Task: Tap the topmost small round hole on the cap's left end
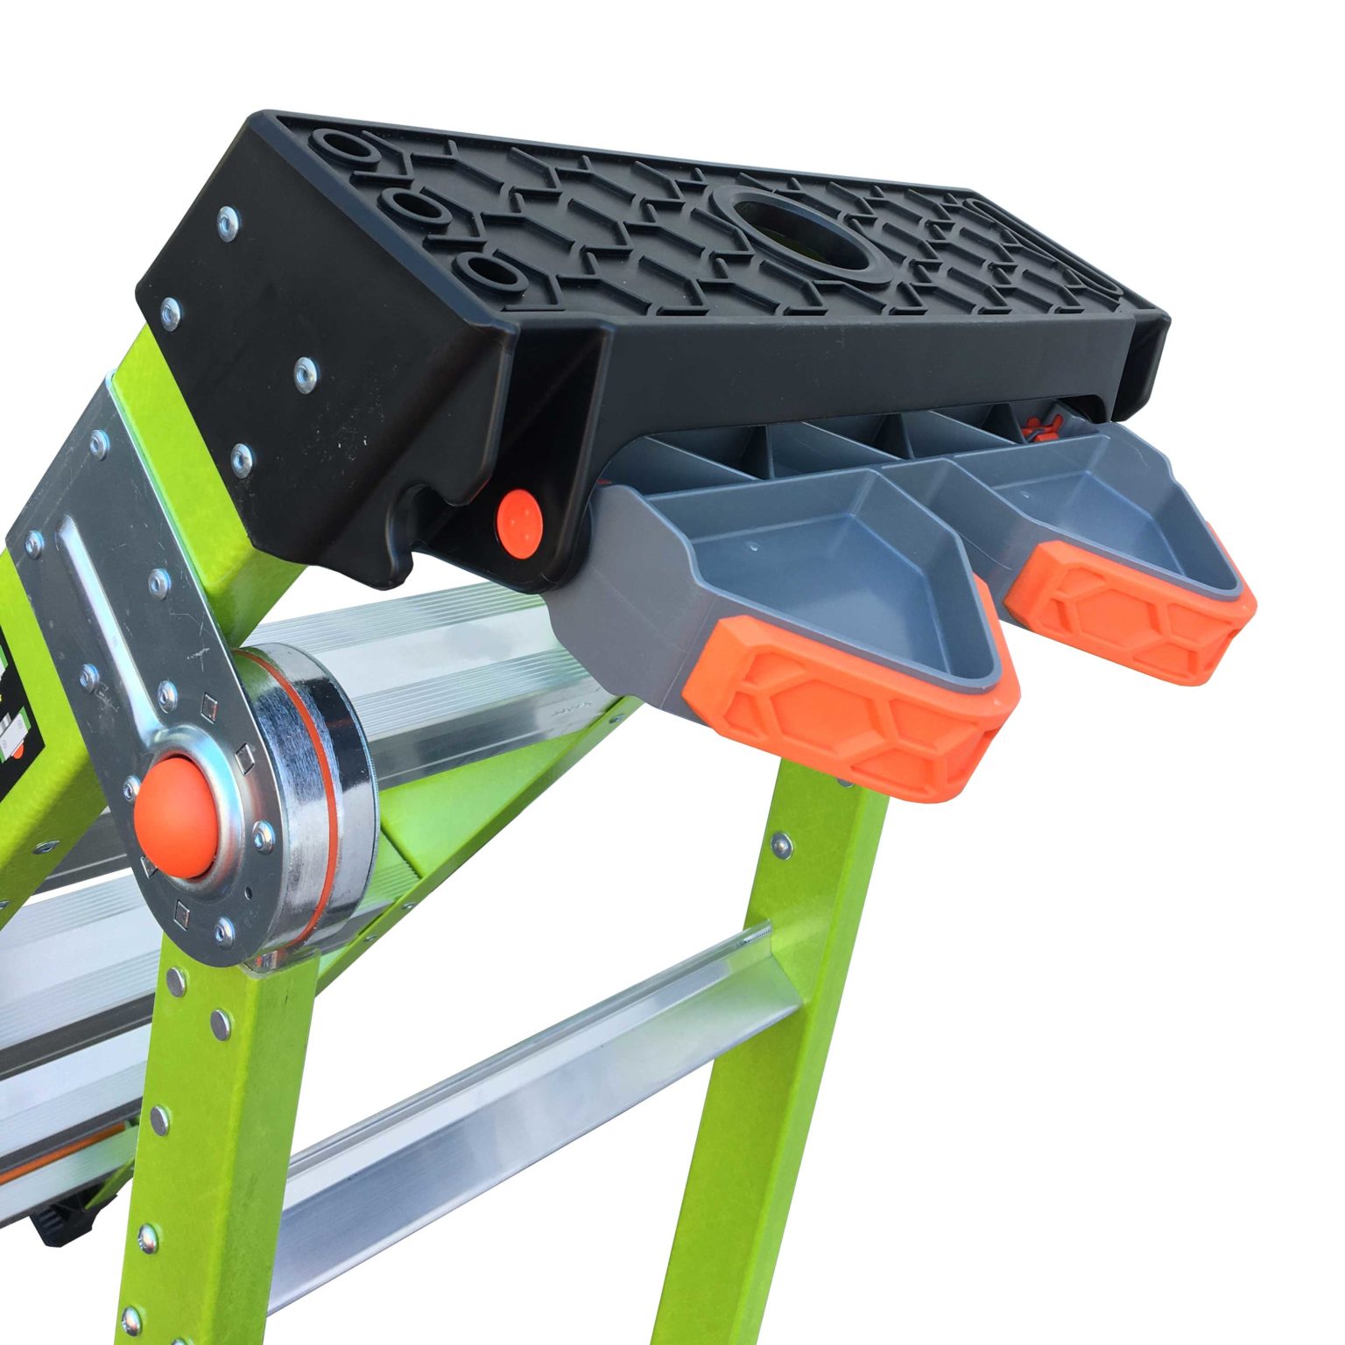pos(351,144)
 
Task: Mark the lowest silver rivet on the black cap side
pos(242,454)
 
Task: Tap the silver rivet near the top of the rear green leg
pos(778,843)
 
